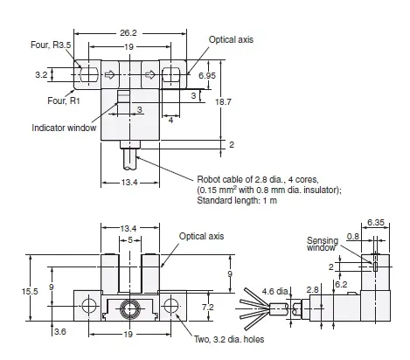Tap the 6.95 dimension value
click(208, 76)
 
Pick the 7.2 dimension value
click(207, 308)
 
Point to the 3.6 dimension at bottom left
click(60, 332)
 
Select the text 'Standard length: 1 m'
click(237, 202)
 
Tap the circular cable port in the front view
click(129, 309)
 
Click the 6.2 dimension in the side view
click(341, 284)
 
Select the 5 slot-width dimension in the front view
click(129, 240)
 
